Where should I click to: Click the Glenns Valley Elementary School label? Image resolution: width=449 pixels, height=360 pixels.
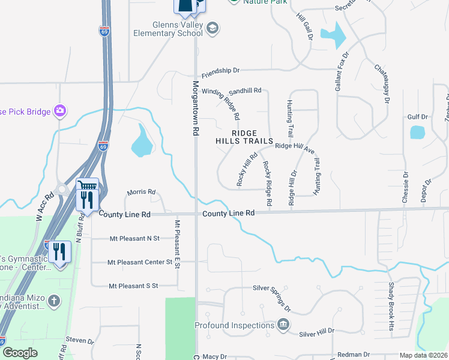click(x=169, y=28)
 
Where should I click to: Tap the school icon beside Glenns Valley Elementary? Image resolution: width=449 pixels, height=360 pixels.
click(x=212, y=28)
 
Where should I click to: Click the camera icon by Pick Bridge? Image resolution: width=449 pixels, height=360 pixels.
click(x=59, y=110)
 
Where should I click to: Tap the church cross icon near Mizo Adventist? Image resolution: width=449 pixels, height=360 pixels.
click(x=53, y=301)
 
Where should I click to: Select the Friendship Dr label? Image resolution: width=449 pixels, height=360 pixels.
click(x=220, y=71)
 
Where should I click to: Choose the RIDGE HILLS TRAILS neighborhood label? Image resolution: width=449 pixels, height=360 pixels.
click(x=245, y=137)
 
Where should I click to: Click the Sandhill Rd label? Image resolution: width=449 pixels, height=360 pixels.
click(x=246, y=91)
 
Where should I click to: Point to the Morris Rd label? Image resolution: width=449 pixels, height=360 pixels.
click(x=141, y=193)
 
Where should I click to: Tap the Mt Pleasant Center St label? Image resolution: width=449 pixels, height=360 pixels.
click(x=140, y=262)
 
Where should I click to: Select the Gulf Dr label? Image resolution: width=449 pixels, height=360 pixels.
click(x=417, y=117)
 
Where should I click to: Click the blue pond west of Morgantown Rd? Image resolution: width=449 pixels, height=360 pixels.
click(x=142, y=142)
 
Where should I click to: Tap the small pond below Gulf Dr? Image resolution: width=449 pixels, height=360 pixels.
click(x=417, y=132)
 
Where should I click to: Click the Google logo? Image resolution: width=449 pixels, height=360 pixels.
click(x=20, y=353)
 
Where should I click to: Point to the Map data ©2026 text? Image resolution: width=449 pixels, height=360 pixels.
click(x=424, y=355)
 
